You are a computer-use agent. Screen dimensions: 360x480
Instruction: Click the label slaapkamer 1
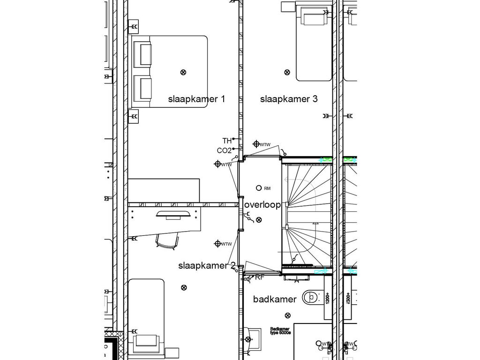(196, 99)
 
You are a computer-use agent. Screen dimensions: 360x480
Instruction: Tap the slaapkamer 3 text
(289, 99)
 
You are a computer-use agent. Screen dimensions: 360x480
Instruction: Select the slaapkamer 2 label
(207, 266)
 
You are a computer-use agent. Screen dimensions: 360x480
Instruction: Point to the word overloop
(262, 205)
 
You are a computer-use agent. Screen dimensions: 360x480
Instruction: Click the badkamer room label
(275, 299)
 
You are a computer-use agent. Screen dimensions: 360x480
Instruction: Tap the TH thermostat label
(227, 141)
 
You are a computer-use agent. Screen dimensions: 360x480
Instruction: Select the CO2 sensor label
(224, 150)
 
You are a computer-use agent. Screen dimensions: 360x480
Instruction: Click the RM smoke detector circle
(258, 188)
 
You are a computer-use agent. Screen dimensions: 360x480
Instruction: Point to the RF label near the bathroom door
(260, 277)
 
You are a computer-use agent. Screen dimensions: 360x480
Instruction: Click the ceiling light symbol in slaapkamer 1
(183, 72)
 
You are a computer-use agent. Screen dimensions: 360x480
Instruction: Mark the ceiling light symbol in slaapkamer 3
(287, 72)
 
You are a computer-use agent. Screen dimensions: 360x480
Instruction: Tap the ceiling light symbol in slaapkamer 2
(184, 287)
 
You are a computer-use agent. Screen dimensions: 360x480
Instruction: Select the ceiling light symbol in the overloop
(259, 219)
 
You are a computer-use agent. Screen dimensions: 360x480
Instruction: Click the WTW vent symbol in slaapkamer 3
(256, 144)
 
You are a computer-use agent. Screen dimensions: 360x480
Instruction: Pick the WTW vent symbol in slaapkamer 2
(217, 243)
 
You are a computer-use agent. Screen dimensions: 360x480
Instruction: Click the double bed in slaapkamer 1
(170, 72)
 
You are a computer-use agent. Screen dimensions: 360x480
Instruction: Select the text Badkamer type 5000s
(280, 331)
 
